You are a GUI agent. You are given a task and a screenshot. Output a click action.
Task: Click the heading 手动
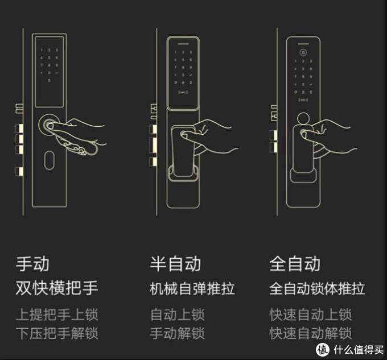point(32,264)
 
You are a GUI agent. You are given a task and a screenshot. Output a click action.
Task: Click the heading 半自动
point(175,264)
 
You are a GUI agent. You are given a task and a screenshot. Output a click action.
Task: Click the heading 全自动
point(295,264)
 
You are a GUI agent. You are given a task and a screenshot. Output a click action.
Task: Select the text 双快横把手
point(57,288)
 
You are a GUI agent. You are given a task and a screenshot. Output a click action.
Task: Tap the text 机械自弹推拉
point(192,288)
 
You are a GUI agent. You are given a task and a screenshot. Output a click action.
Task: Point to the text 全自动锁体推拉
point(317,288)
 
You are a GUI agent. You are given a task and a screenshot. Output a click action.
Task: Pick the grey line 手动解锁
point(177,333)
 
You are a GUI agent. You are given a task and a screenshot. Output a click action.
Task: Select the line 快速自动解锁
point(311,333)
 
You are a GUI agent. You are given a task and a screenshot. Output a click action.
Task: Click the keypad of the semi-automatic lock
point(183,71)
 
